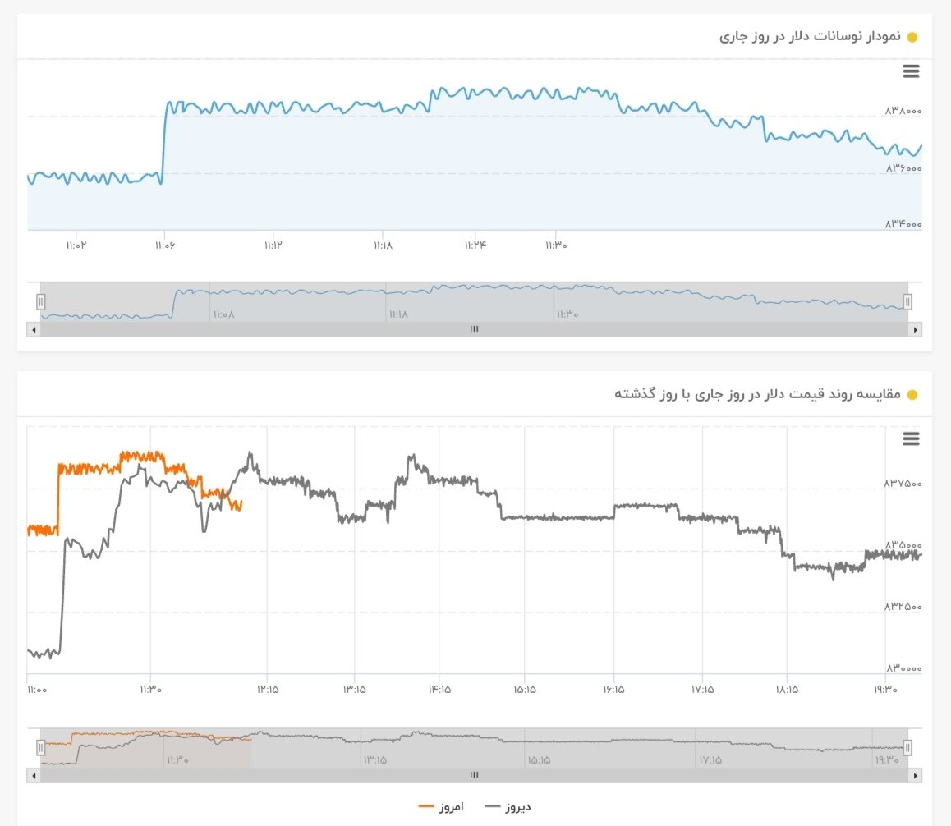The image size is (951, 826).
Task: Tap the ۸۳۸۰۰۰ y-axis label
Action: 903,111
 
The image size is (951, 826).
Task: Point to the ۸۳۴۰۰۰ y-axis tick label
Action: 903,224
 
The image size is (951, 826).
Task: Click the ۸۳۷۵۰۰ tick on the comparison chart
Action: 903,484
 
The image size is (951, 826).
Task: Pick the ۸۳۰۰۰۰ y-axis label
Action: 903,669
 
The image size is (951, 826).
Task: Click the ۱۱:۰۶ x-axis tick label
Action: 165,245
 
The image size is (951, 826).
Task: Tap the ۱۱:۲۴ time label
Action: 474,245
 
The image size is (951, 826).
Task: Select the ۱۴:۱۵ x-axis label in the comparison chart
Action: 439,690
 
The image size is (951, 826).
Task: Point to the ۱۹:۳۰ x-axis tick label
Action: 885,690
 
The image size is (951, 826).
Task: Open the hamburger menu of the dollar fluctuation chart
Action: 911,71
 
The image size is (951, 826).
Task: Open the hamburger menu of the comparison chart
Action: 911,438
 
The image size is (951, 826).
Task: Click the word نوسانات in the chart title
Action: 829,37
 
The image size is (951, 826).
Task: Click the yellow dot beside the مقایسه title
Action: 912,395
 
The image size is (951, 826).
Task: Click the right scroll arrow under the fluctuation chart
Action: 915,329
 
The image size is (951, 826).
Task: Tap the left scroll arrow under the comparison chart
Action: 34,775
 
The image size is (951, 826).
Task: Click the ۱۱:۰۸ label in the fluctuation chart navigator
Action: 223,314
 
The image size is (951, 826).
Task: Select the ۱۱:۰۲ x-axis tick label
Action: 76,245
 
